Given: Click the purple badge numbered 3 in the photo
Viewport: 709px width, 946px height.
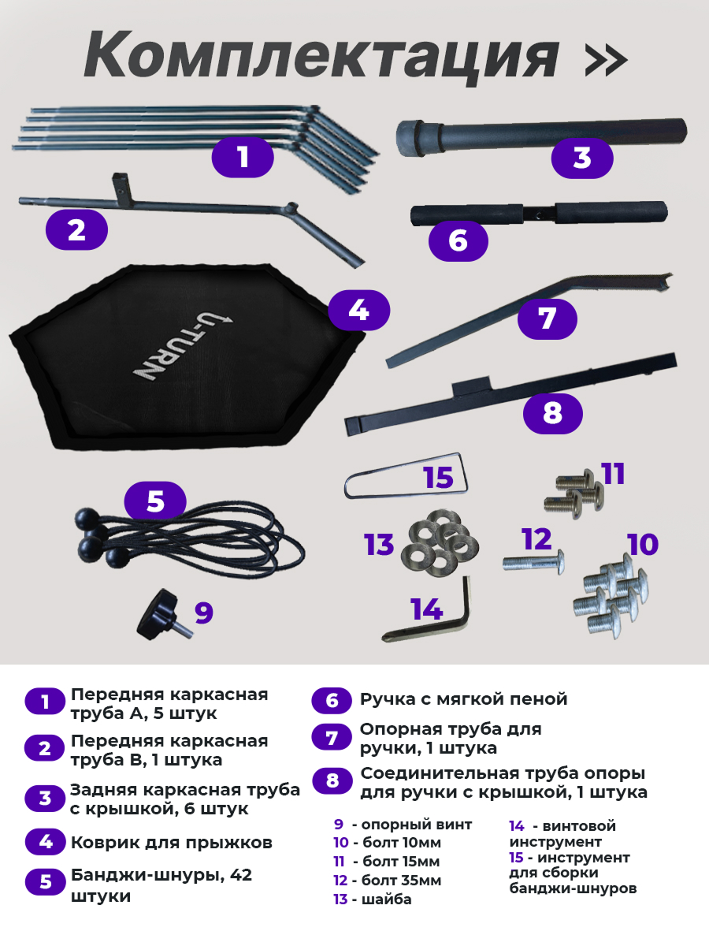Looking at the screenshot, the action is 582,158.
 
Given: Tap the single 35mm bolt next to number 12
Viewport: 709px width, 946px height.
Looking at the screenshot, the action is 534,562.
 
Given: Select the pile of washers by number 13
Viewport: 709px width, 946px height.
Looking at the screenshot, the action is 440,542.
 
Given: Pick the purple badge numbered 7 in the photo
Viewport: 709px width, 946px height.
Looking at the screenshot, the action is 547,319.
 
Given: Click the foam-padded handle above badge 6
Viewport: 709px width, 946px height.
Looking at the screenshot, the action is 539,213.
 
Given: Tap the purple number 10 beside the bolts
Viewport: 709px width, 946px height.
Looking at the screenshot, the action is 643,544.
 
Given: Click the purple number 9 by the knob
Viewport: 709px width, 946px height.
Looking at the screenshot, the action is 204,613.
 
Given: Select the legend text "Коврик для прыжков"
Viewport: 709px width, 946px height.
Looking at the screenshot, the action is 171,843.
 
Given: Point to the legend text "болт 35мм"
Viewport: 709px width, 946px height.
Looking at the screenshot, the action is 402,881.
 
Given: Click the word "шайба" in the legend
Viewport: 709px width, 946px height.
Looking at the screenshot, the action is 387,899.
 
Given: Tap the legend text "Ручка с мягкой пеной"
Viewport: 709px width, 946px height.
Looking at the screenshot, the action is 463,699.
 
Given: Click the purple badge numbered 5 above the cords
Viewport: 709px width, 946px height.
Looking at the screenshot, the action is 155,501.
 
